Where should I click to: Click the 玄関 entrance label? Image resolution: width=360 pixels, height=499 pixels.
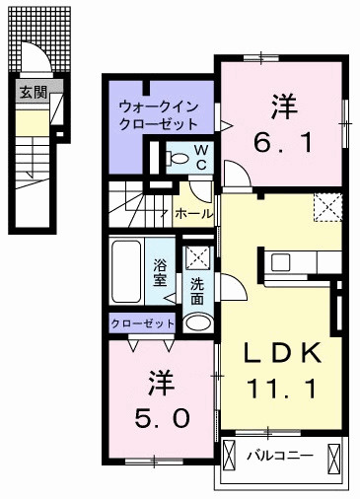point(34,93)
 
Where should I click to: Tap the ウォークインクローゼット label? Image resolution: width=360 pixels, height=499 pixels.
point(159,115)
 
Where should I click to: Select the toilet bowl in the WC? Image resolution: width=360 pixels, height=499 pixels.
point(178,159)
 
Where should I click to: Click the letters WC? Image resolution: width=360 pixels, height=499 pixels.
point(201,158)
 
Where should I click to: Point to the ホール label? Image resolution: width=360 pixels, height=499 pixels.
point(194,214)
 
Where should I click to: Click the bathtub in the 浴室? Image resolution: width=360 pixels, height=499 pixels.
point(126,272)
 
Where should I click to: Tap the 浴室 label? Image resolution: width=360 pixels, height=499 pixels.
point(160,272)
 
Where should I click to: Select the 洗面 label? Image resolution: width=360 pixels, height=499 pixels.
point(197,291)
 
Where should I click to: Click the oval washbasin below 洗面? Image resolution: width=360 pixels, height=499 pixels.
point(198,322)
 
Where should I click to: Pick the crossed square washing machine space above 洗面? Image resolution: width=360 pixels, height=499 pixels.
point(198,258)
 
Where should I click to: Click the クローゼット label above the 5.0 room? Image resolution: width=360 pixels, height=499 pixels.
point(142,323)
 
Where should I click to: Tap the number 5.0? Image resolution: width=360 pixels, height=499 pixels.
point(162,418)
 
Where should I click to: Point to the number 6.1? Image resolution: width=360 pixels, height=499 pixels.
point(283,143)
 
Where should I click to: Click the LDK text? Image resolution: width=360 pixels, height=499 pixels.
point(282,352)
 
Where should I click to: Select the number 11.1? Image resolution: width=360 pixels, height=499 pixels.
point(282,389)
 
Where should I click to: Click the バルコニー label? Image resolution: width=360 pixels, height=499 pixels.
point(280,456)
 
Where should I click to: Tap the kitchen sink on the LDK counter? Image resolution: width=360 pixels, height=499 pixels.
point(281,262)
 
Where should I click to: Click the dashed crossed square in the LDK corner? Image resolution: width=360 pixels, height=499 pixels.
point(327,208)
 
